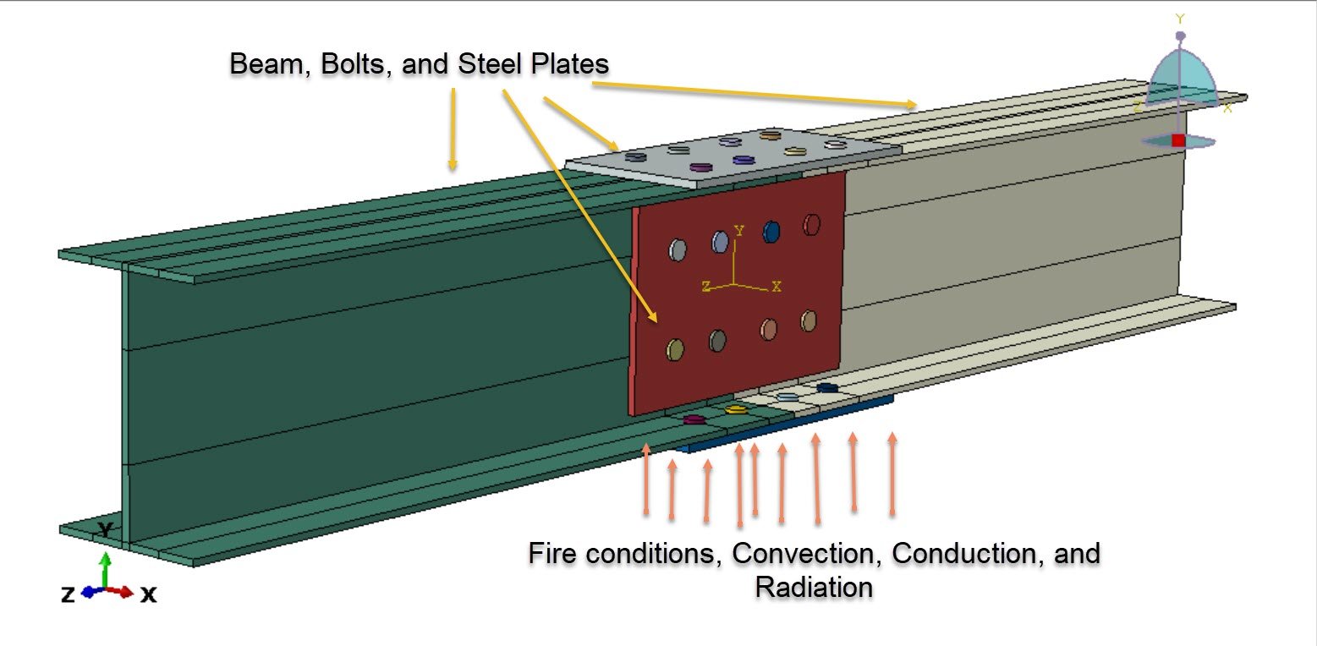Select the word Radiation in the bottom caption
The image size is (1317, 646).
click(x=814, y=586)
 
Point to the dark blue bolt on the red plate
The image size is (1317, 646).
click(x=771, y=232)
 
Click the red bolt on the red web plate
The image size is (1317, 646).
click(x=812, y=224)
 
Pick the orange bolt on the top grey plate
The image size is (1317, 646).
click(x=769, y=134)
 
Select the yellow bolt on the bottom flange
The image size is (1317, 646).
click(x=736, y=409)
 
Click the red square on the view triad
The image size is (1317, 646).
click(x=1178, y=140)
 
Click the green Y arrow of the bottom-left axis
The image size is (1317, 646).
click(x=104, y=570)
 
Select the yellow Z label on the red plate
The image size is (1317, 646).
click(x=705, y=287)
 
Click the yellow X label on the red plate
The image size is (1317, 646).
click(x=776, y=286)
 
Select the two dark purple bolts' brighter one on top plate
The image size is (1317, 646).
click(x=743, y=159)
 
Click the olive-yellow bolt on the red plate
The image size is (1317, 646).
click(x=675, y=349)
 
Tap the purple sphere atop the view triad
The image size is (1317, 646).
click(x=1182, y=36)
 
